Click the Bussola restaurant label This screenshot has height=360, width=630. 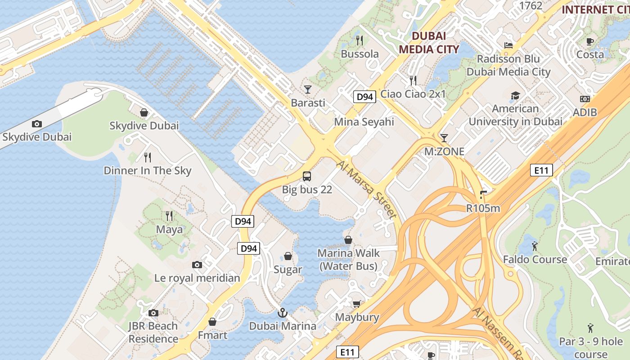(360, 54)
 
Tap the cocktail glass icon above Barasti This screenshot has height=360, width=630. (308, 89)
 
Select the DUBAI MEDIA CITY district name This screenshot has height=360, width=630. (428, 42)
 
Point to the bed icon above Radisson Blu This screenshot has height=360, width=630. (508, 45)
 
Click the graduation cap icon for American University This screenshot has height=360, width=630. (515, 95)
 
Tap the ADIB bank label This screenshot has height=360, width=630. (585, 112)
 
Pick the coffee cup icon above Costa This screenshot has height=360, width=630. (590, 41)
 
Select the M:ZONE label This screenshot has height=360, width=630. (444, 152)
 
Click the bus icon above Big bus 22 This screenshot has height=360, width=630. (307, 176)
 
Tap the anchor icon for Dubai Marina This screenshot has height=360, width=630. (282, 313)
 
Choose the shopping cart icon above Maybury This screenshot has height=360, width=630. (357, 304)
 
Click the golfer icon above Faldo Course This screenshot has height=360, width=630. (535, 246)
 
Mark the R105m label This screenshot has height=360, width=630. (483, 208)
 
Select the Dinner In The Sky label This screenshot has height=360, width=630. (147, 171)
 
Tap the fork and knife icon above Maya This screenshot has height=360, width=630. (169, 216)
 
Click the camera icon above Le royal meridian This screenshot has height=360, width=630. (197, 265)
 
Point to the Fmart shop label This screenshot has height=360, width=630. (212, 335)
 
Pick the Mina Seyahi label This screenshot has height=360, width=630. (364, 122)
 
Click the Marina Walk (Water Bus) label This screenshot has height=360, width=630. (348, 260)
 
